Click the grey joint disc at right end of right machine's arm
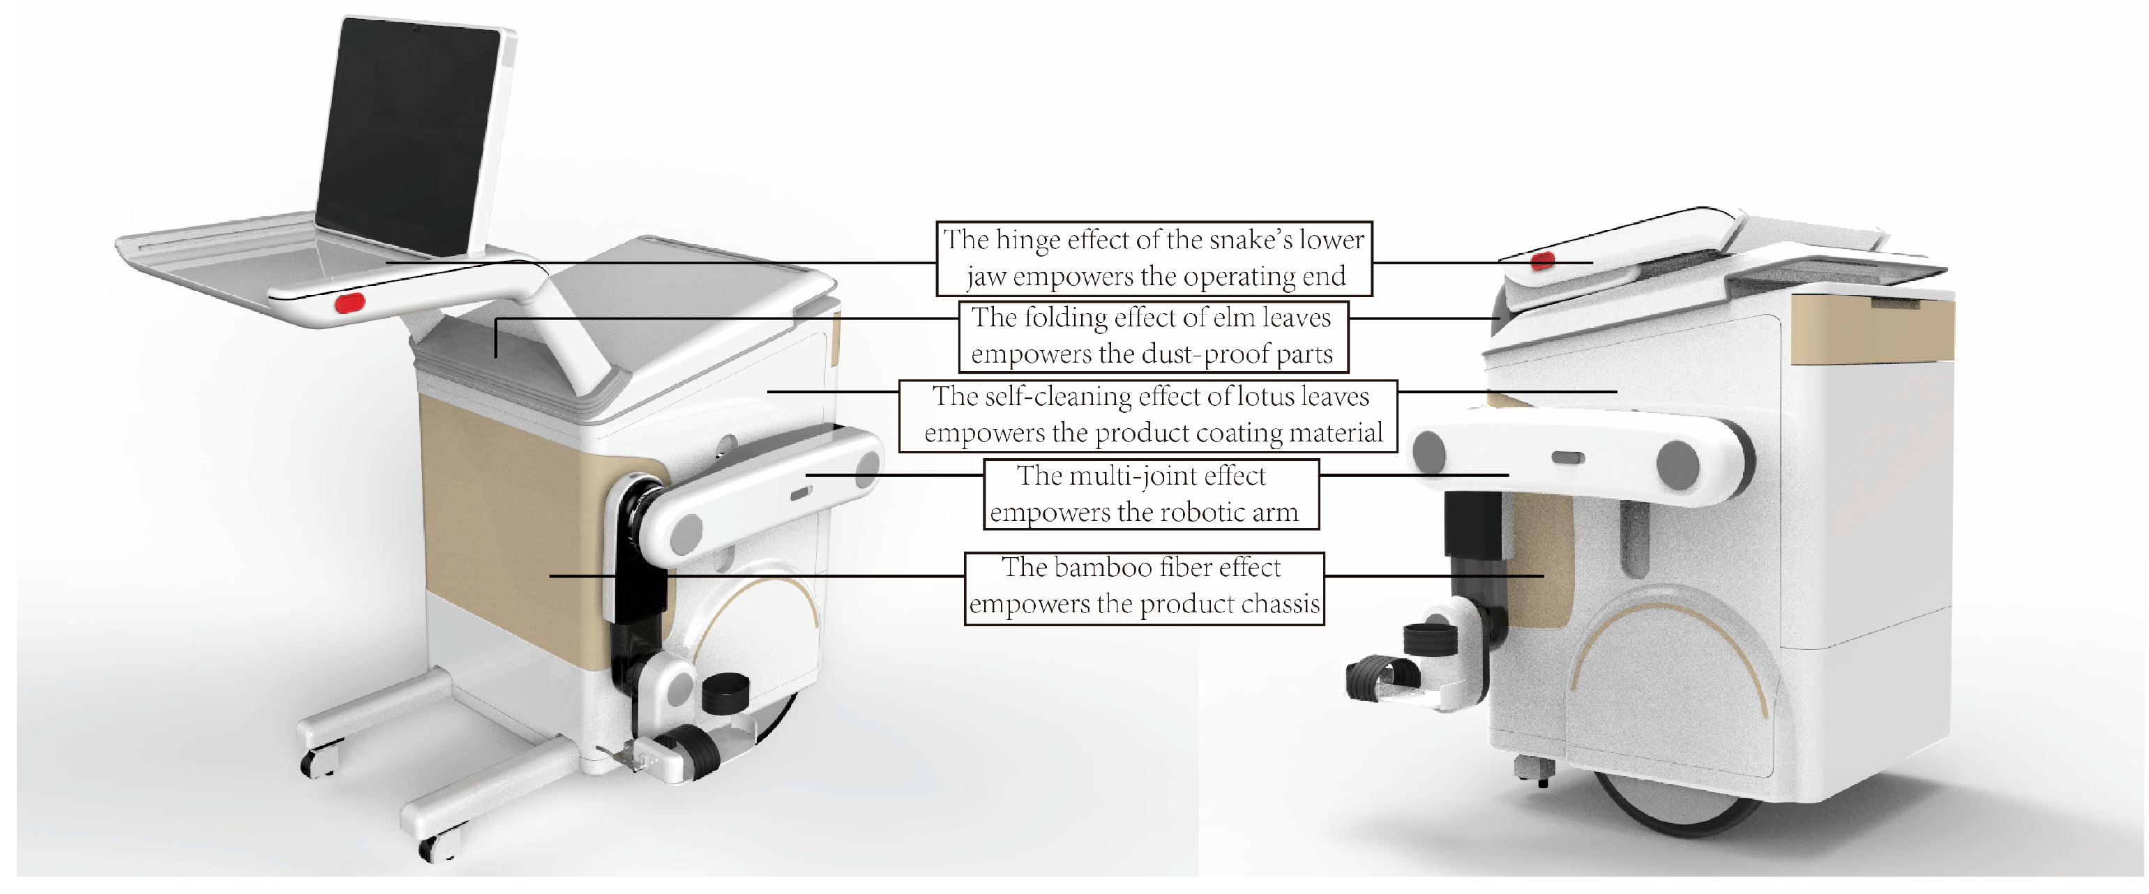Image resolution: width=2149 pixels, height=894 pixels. [x=1677, y=461]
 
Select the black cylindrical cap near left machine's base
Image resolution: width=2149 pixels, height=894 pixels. [x=725, y=692]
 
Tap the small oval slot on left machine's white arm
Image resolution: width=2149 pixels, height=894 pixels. [x=800, y=494]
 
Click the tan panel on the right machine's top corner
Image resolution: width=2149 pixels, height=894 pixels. [x=1872, y=328]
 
